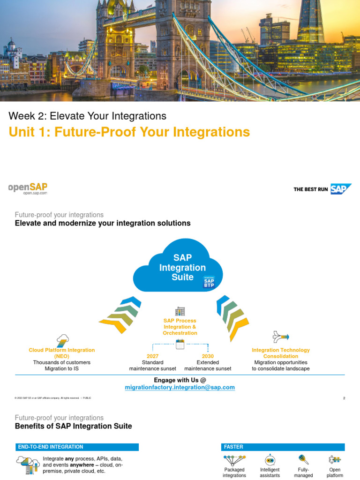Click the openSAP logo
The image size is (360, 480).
point(28,188)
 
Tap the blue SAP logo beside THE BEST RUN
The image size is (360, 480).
point(341,189)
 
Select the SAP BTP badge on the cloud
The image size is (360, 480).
point(209,283)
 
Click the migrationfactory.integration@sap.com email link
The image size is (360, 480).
point(180,388)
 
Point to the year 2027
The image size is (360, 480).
point(153,356)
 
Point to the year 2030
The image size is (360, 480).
point(208,356)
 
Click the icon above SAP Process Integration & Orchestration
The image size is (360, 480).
point(180,312)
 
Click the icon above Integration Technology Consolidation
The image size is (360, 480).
point(281,336)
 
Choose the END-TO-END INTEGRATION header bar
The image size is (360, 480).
point(77,447)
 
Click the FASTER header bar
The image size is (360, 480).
point(283,447)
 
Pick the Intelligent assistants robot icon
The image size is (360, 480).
point(270,459)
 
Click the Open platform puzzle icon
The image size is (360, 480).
point(335,459)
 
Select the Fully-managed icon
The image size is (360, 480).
point(303,459)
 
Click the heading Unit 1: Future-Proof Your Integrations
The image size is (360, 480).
point(129,132)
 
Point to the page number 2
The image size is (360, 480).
point(344,398)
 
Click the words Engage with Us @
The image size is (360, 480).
point(180,380)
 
